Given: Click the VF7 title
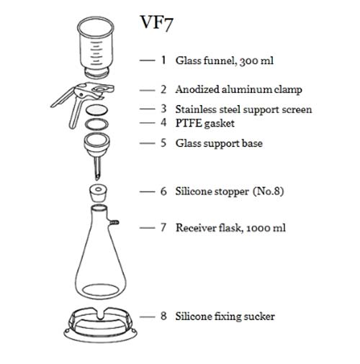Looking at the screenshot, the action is [x=156, y=23].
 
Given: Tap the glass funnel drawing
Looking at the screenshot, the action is [x=96, y=47].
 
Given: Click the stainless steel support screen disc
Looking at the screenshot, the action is [x=96, y=110].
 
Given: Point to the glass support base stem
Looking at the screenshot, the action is [x=97, y=168].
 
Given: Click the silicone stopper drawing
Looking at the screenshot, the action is [x=98, y=194].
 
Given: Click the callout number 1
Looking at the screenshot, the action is [x=163, y=60].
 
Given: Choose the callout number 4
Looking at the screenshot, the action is [x=163, y=123].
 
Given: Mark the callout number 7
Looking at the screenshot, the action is [x=163, y=227].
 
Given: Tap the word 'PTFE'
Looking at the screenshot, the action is [x=189, y=123].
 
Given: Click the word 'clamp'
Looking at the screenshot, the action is [x=288, y=90].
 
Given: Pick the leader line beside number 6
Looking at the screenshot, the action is [x=147, y=191].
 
